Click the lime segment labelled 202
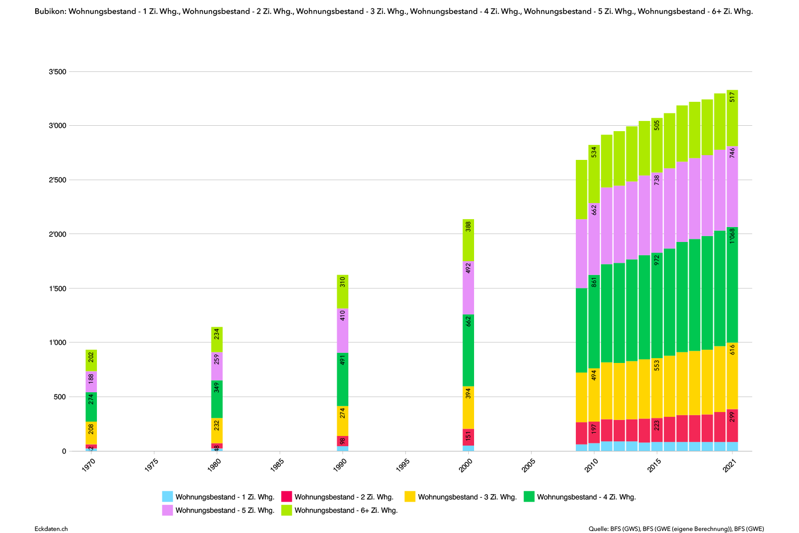tap(91, 361)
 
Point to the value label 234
tap(217, 334)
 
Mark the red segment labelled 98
tap(343, 441)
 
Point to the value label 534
tap(594, 152)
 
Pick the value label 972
tap(657, 260)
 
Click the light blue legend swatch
tap(167, 497)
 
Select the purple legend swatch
tap(167, 511)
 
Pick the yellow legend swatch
tap(410, 497)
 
